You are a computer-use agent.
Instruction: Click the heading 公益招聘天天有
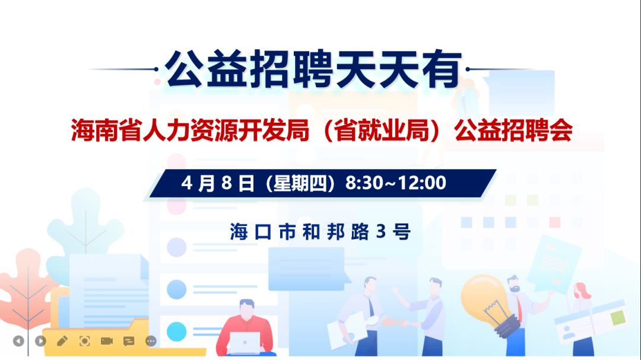tap(313, 69)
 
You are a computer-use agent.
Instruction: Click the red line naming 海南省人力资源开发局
tap(190, 130)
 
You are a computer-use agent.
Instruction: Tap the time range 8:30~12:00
tap(395, 183)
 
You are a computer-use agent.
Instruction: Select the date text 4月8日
tap(217, 183)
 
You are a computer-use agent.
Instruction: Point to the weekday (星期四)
tap(300, 183)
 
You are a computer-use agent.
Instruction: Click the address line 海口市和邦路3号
tap(320, 232)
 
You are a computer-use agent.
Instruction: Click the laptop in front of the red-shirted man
tap(245, 343)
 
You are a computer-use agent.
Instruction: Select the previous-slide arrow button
tap(18, 341)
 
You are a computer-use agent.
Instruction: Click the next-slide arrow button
tap(40, 341)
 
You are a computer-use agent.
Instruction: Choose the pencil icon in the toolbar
tap(62, 341)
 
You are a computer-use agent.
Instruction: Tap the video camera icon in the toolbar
tap(107, 341)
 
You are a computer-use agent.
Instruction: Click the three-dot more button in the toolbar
tap(151, 341)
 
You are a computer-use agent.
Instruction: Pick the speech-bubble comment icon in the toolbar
tap(129, 341)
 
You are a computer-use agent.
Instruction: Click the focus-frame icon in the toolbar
tap(85, 341)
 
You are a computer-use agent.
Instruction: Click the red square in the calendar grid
tap(555, 222)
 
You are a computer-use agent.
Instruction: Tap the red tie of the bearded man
tap(519, 308)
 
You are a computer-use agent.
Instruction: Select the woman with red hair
tap(583, 318)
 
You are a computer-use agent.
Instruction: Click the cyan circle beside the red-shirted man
tap(177, 332)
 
